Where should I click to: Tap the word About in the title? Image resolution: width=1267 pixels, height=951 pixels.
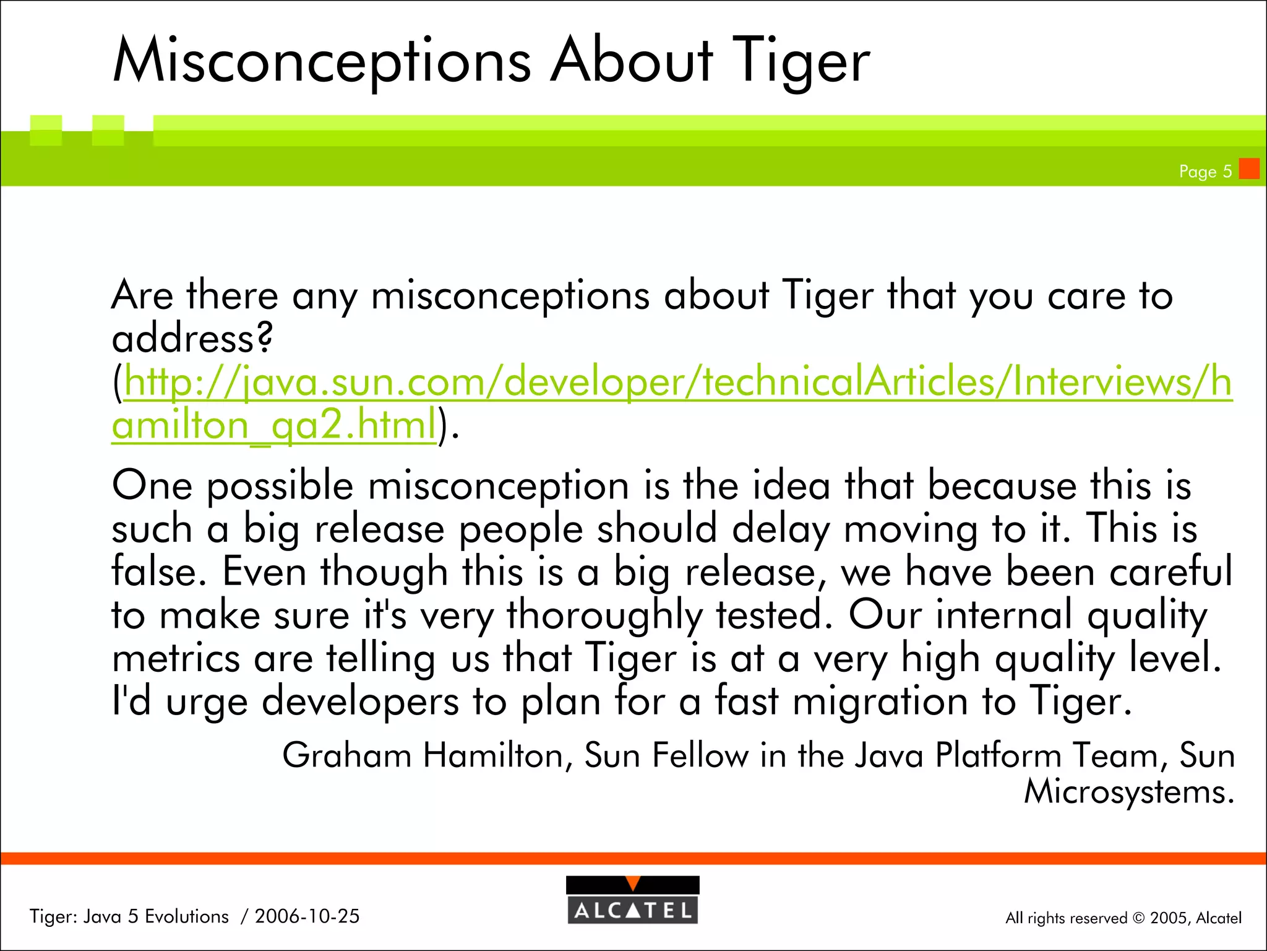pyautogui.click(x=631, y=61)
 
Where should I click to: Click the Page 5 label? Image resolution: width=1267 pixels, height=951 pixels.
pyautogui.click(x=1205, y=172)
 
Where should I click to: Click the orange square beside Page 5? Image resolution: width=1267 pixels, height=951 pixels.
pyautogui.click(x=1249, y=168)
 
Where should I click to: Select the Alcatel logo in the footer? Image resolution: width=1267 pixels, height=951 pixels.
pyautogui.click(x=632, y=900)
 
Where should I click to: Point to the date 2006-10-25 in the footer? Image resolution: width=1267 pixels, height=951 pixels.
pyautogui.click(x=307, y=916)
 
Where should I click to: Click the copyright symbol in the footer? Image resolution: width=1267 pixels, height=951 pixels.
pyautogui.click(x=1138, y=918)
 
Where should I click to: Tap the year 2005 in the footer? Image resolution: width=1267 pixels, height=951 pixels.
pyautogui.click(x=1169, y=918)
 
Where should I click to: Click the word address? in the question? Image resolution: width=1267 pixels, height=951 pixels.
pyautogui.click(x=192, y=339)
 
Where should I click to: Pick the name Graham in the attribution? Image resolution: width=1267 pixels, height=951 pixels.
pyautogui.click(x=346, y=755)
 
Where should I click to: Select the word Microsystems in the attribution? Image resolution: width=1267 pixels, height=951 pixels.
pyautogui.click(x=1128, y=792)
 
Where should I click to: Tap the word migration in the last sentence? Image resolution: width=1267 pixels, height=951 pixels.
pyautogui.click(x=880, y=701)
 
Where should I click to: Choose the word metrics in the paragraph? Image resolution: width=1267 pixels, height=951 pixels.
pyautogui.click(x=176, y=658)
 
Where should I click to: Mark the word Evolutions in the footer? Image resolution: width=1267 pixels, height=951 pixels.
pyautogui.click(x=186, y=916)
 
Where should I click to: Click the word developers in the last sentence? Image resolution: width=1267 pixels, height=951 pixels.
pyautogui.click(x=360, y=701)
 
